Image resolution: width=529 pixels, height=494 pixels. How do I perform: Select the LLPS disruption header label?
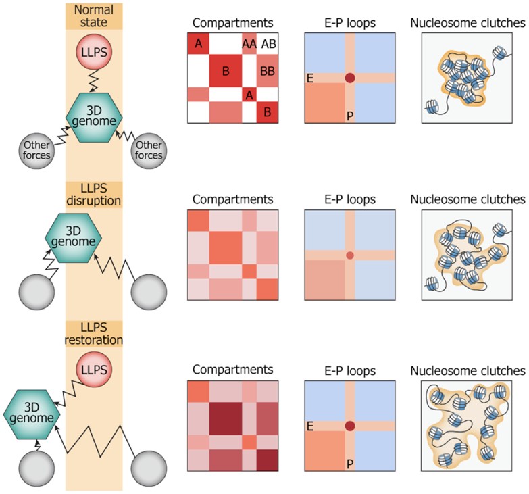point(94,195)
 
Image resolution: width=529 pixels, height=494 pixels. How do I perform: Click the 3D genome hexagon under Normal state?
point(94,117)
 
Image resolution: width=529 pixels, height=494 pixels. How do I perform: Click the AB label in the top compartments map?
point(268,44)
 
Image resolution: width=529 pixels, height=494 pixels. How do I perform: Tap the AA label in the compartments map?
point(249,44)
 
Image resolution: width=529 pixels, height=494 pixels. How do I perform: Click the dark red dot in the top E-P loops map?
point(349,78)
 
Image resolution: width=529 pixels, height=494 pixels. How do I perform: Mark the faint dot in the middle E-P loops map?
point(349,255)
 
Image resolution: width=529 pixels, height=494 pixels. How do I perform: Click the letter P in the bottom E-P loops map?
point(349,464)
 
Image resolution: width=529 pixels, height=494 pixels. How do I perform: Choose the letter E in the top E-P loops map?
point(310,78)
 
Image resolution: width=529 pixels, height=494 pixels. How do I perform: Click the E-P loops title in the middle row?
point(349,200)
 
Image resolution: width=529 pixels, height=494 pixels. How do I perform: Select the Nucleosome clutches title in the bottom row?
point(468,370)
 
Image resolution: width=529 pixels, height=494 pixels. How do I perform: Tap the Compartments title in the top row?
point(233,23)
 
